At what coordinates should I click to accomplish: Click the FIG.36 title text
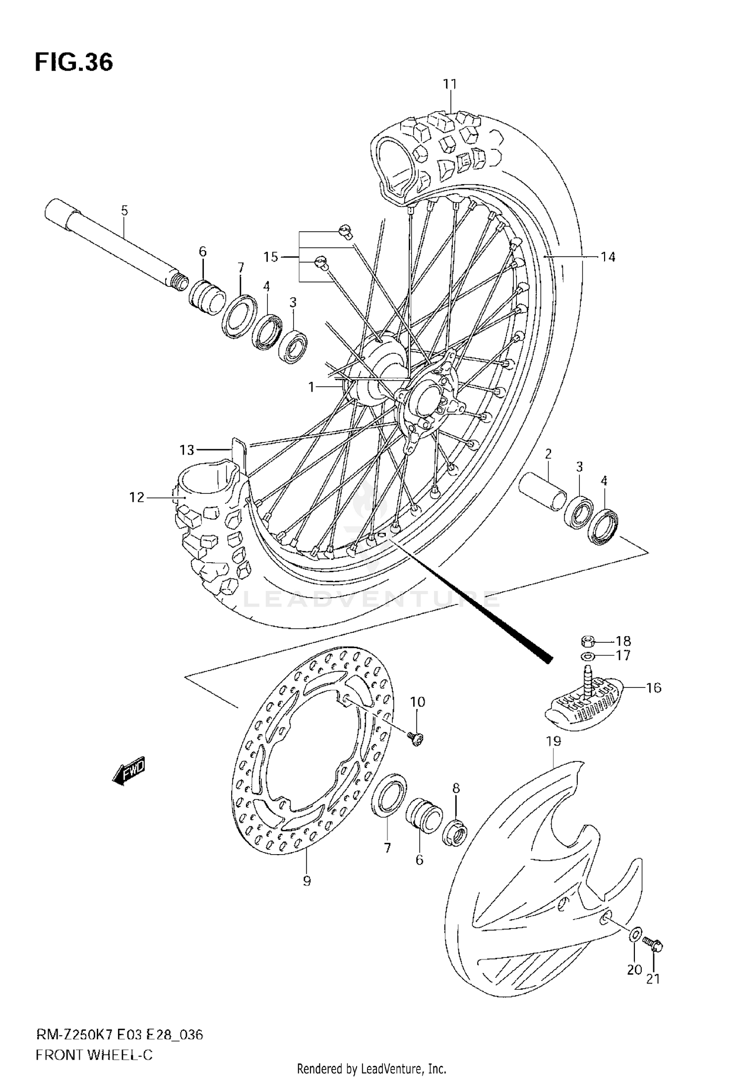click(x=73, y=63)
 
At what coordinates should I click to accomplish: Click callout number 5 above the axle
click(x=124, y=210)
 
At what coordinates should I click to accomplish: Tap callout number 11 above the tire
click(x=450, y=84)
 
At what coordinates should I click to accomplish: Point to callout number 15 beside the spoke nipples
click(x=271, y=257)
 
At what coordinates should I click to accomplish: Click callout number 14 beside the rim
click(x=608, y=257)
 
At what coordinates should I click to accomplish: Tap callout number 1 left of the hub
click(x=311, y=387)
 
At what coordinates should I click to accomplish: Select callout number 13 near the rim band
click(x=187, y=450)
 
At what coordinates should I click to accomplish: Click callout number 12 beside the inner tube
click(x=136, y=497)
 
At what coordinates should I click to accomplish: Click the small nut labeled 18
click(x=586, y=642)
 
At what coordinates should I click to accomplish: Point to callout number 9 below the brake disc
click(x=307, y=881)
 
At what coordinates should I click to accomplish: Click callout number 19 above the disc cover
click(x=554, y=741)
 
